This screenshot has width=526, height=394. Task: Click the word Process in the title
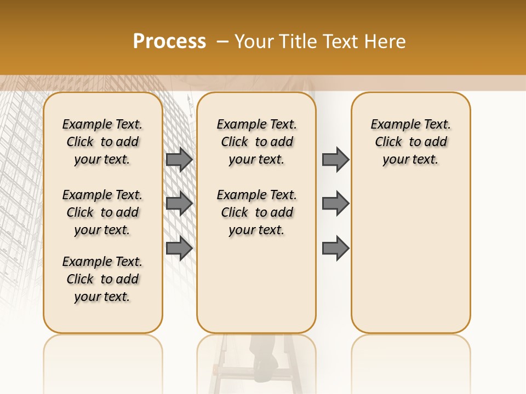tap(169, 42)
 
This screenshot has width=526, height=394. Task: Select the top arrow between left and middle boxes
tap(179, 159)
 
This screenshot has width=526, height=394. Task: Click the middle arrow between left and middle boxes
tap(179, 204)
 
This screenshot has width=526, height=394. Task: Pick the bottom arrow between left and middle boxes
tap(179, 248)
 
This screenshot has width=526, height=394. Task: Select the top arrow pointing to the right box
tap(335, 159)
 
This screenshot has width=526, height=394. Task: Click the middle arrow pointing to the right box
tap(335, 204)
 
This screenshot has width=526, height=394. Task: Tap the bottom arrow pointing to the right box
tap(335, 248)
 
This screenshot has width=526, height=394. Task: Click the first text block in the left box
tap(102, 142)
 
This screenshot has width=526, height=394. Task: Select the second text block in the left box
tap(102, 212)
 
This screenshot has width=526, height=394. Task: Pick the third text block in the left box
tap(102, 279)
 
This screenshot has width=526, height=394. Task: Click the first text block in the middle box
tap(256, 142)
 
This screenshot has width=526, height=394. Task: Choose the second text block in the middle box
tap(256, 212)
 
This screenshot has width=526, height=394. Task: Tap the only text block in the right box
tap(410, 142)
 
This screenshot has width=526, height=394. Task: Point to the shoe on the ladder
tap(266, 366)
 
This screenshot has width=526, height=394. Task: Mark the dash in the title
tap(222, 42)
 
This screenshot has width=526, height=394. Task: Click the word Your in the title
tap(253, 42)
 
